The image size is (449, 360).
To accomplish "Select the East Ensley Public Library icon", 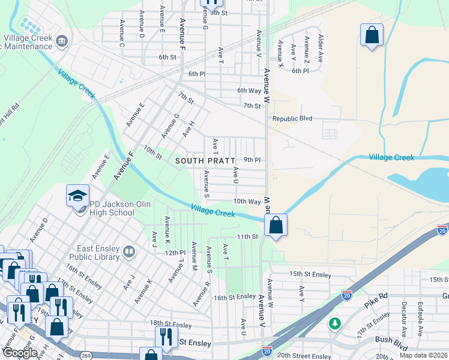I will pos(128,252).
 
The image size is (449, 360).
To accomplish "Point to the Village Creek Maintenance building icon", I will pos(61,41).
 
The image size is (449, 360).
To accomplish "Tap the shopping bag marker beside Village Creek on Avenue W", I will pos(276,226).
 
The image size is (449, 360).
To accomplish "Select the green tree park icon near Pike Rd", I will pos(334,323).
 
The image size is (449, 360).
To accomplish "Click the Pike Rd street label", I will pos(376,301).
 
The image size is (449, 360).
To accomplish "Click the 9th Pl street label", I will pos(252,160).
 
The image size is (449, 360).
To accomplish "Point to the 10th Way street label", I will pos(247,202).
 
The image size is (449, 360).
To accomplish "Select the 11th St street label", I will pos(247,237).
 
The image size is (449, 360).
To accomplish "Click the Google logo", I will pos(19,353).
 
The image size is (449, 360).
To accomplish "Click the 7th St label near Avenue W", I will pos(252,106).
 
